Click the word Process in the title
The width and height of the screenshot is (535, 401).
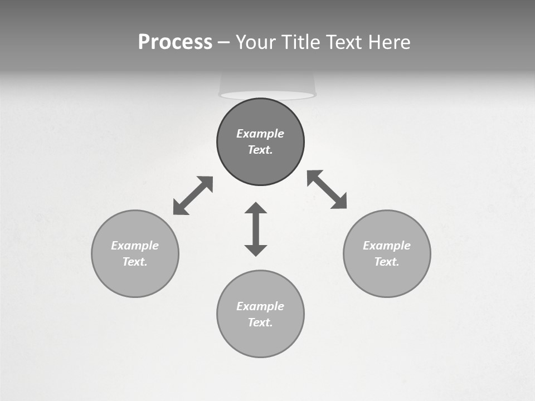tap(175, 42)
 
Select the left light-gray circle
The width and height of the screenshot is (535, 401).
tap(135, 278)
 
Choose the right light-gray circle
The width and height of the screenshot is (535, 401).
tap(387, 278)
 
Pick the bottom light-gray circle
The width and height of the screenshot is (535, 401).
tap(260, 340)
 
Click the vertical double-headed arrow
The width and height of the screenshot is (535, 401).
tap(256, 229)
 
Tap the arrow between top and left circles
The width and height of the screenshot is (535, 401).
tap(193, 195)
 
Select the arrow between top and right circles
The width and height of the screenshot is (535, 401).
tap(327, 189)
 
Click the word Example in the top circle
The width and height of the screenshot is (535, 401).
tap(260, 134)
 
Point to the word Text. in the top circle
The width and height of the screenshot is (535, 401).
tap(260, 150)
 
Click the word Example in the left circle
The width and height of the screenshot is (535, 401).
tap(135, 246)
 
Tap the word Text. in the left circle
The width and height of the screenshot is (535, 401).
tap(135, 262)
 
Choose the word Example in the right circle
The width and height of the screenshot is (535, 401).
tap(387, 246)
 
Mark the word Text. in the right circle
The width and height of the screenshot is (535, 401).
tap(387, 262)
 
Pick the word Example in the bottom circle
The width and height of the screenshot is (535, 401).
tap(260, 306)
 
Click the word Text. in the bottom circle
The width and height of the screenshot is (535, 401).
tap(260, 322)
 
